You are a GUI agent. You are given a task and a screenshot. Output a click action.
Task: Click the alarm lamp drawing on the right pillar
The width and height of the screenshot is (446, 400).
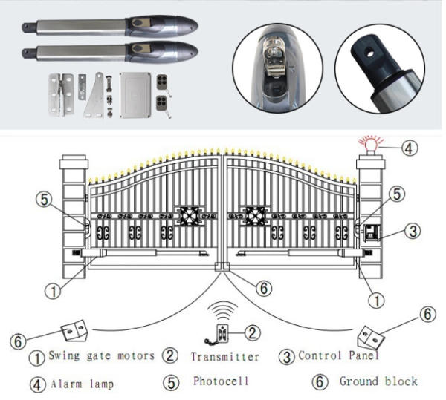(372, 145)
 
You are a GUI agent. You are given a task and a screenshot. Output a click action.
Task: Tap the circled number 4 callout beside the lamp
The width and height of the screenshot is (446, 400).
(410, 148)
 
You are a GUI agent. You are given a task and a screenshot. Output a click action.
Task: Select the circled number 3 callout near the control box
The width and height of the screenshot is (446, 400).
(413, 231)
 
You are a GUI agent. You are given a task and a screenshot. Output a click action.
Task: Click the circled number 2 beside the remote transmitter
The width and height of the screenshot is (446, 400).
(253, 332)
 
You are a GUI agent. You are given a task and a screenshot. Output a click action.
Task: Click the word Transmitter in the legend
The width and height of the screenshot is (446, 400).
(224, 357)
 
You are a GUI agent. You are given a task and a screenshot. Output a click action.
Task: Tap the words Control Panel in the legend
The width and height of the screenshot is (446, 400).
(338, 355)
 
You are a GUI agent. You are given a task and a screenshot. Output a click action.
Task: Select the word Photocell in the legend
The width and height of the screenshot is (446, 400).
(221, 381)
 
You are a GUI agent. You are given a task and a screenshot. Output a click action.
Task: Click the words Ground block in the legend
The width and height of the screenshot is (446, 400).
(378, 381)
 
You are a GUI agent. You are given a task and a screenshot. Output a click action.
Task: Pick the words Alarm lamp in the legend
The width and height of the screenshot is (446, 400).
(83, 384)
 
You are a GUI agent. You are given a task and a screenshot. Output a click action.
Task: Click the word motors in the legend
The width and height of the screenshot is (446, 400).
(136, 355)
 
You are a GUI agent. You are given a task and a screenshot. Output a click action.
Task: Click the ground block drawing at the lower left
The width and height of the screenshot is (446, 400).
(74, 330)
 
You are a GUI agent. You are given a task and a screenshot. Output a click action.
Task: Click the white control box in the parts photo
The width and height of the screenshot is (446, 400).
(135, 95)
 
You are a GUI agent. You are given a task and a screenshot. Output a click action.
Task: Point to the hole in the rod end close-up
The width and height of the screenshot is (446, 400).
(369, 53)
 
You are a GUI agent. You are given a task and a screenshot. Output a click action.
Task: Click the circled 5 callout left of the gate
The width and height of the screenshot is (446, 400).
(45, 200)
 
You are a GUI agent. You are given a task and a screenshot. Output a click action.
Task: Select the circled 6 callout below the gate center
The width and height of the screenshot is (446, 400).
(263, 289)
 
